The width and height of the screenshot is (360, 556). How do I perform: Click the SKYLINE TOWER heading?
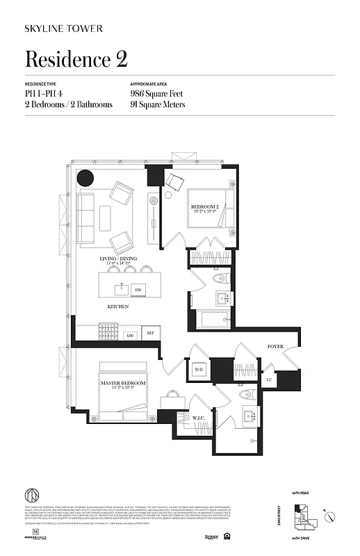64,28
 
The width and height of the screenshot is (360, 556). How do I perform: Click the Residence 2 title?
76,59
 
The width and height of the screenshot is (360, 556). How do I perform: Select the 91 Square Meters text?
157,104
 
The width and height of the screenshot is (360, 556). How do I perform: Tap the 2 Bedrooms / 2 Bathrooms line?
68,104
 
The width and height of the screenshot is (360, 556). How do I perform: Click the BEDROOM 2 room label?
205,207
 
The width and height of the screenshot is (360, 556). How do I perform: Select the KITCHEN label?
117,306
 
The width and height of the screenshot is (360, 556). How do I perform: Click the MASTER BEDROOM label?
122,383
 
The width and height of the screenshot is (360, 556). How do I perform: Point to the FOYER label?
276,345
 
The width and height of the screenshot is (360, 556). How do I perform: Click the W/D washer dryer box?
198,369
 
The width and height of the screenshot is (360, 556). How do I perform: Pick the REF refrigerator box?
150,334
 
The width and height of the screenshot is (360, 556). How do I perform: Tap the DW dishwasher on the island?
138,289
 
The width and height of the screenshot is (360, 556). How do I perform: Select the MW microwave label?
129,336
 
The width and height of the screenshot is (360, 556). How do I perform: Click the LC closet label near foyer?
268,379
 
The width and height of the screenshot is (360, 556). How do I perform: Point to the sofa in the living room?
86,218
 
